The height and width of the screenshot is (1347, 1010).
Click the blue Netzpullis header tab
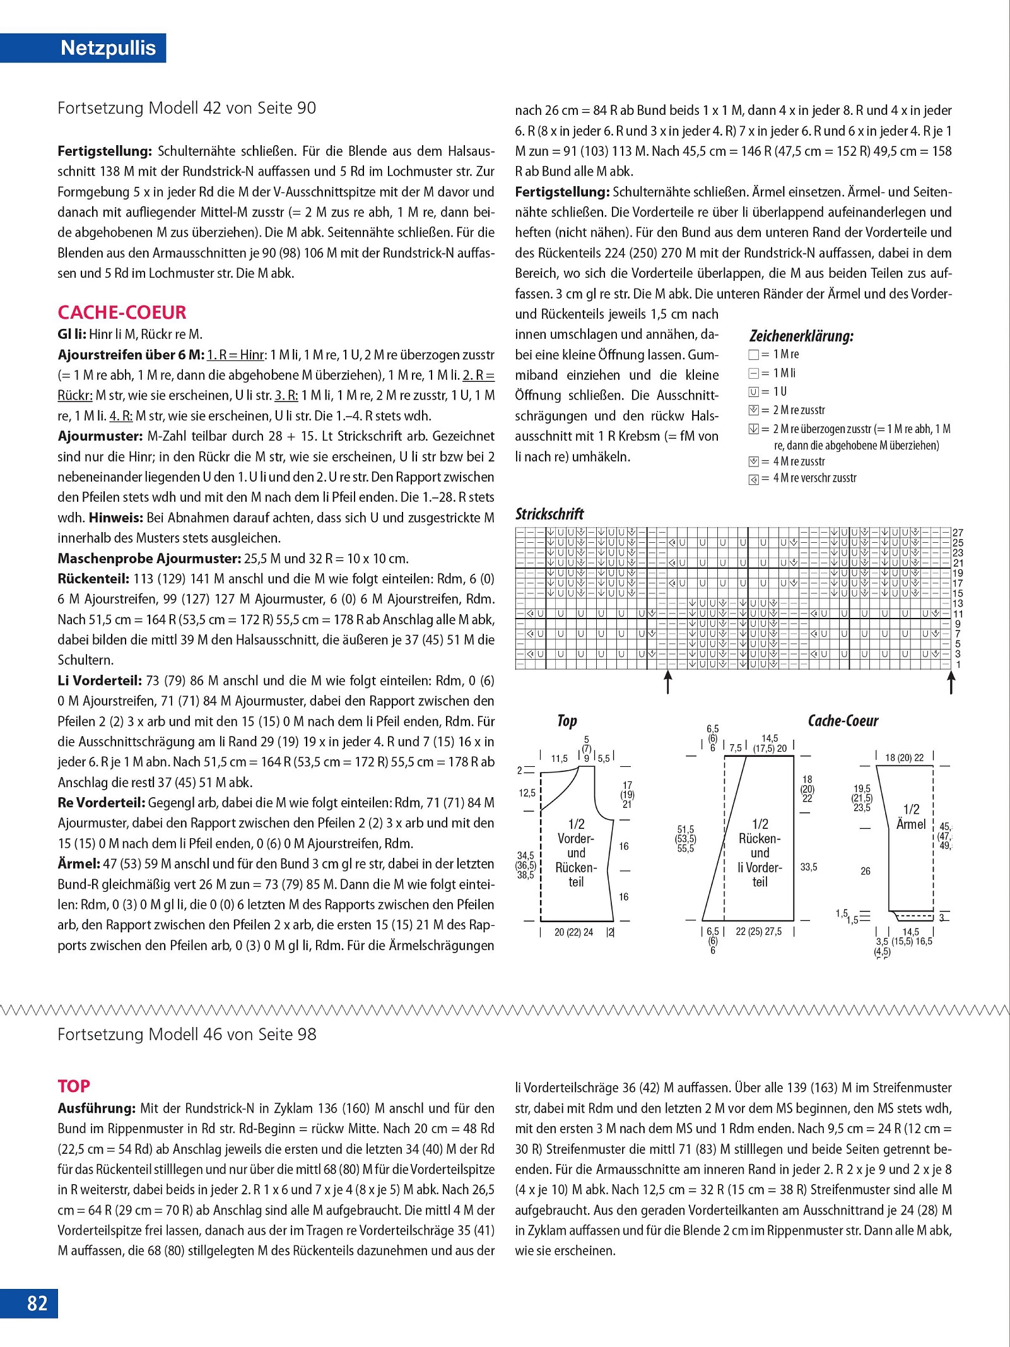[108, 48]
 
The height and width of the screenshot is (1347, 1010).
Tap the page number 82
[37, 1303]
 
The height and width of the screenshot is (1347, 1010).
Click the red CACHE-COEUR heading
[122, 312]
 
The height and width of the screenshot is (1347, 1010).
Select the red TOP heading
[74, 1086]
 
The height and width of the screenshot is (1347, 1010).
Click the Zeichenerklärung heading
[801, 336]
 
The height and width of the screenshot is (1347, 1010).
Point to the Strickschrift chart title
[549, 514]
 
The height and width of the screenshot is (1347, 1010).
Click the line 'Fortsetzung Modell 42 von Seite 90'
[187, 108]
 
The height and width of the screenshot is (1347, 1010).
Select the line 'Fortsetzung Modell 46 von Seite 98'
[187, 1034]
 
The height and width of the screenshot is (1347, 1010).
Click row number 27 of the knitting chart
[958, 533]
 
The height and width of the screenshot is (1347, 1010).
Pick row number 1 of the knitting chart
[958, 665]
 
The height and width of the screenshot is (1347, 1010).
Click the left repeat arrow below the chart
[668, 682]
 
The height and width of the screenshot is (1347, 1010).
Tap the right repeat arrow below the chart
[951, 682]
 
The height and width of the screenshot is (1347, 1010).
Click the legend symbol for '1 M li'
[753, 373]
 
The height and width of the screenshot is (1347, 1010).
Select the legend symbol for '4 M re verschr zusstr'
[753, 479]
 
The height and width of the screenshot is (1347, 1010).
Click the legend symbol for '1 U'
[753, 391]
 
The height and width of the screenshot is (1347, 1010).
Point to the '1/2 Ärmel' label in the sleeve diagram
[911, 817]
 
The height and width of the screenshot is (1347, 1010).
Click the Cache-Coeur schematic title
[843, 721]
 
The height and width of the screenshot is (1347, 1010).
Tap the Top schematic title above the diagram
[567, 721]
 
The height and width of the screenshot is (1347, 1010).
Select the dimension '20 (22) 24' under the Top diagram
[573, 932]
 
